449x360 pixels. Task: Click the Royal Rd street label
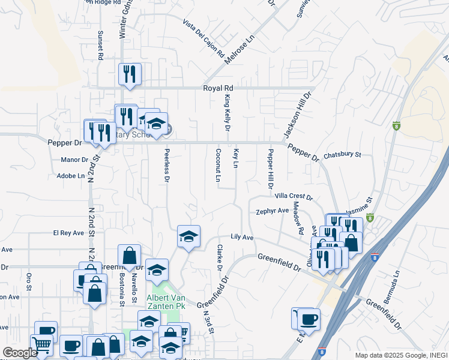217,88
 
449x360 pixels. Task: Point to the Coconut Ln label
218,166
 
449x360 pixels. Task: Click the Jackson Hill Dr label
298,114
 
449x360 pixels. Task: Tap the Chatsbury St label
342,155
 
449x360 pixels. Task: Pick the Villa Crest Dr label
294,196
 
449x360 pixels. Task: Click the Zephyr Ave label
273,211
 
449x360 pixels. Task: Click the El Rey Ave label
66,233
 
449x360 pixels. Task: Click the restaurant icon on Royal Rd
130,74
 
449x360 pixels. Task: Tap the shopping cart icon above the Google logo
41,344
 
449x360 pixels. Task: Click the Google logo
20,353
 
